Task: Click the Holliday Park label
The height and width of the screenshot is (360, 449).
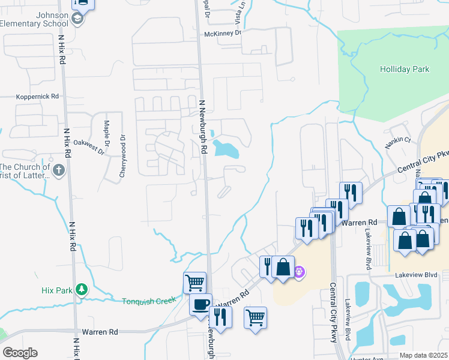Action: (404, 70)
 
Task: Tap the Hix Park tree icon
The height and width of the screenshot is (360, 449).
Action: (81, 290)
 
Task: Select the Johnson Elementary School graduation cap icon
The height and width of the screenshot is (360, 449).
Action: (77, 19)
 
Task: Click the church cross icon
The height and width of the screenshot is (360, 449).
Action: (58, 170)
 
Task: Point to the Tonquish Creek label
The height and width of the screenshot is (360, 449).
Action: (149, 301)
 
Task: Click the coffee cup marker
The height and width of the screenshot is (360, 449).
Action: (200, 303)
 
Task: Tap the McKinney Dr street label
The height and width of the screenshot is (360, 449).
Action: (222, 34)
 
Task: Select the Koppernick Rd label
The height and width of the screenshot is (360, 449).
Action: (38, 96)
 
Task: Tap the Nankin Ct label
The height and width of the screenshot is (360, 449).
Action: (399, 140)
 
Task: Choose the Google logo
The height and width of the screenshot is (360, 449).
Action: (20, 353)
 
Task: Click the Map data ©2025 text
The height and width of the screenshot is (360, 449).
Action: (423, 355)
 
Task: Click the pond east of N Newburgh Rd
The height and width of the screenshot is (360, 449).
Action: (226, 148)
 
